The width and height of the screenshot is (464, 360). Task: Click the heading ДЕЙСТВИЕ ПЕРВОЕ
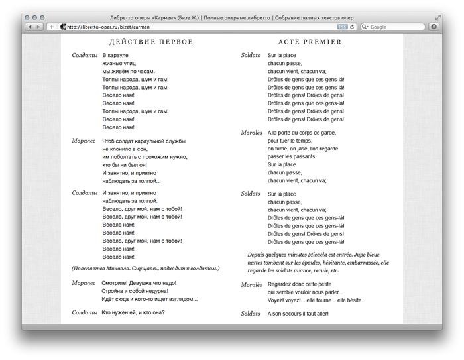click(151, 42)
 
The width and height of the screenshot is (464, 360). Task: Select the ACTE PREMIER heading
click(310, 42)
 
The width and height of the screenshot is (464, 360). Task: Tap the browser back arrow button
click(30, 27)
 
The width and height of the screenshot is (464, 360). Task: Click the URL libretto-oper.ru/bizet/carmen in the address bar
click(108, 27)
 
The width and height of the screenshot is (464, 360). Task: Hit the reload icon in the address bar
click(352, 27)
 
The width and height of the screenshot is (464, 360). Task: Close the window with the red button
click(27, 17)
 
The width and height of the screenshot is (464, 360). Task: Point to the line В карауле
click(115, 55)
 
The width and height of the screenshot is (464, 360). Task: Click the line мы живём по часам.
click(129, 71)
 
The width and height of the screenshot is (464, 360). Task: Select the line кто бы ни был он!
click(125, 164)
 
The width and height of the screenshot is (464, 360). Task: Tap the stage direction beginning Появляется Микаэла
click(145, 269)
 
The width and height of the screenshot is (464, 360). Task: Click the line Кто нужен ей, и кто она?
click(133, 312)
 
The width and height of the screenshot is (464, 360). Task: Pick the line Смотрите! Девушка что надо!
click(139, 283)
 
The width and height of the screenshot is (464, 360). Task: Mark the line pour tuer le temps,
click(290, 141)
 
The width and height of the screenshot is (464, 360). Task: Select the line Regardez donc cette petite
click(300, 284)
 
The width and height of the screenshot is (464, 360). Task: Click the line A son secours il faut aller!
click(298, 313)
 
